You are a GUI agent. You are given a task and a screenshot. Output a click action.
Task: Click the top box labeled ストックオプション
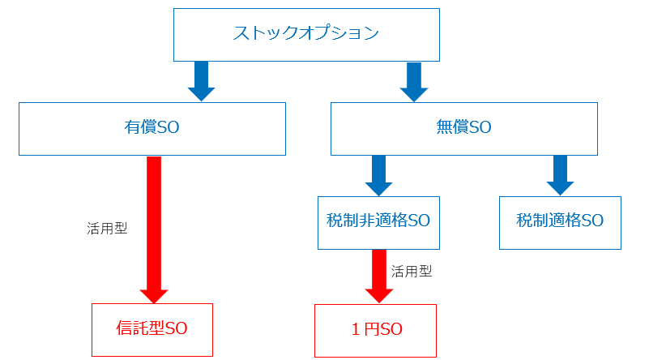(306, 34)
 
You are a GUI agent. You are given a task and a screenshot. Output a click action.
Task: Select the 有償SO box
(152, 128)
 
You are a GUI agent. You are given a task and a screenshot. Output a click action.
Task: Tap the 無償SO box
(464, 128)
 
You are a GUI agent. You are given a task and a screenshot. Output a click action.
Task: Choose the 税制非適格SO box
(378, 222)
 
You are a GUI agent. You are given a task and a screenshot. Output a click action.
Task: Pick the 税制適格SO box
(560, 222)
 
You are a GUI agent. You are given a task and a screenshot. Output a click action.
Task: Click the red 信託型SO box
(152, 330)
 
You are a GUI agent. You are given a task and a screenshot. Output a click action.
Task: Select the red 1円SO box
(376, 330)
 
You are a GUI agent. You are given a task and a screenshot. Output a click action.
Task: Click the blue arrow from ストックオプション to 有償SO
(201, 80)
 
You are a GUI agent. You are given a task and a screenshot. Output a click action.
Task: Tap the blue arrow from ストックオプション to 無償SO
(414, 80)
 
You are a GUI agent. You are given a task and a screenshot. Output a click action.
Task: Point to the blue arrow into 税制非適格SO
(378, 174)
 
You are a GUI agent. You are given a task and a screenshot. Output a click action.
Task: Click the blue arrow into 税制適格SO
(559, 174)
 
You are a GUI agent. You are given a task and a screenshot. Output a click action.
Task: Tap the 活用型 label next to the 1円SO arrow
(411, 272)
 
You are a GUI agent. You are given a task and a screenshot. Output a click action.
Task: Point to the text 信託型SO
(152, 329)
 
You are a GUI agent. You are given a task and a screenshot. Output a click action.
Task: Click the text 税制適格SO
(560, 221)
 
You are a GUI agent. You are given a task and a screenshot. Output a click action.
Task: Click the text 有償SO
(152, 127)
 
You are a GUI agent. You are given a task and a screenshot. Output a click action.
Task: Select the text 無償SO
(463, 127)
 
